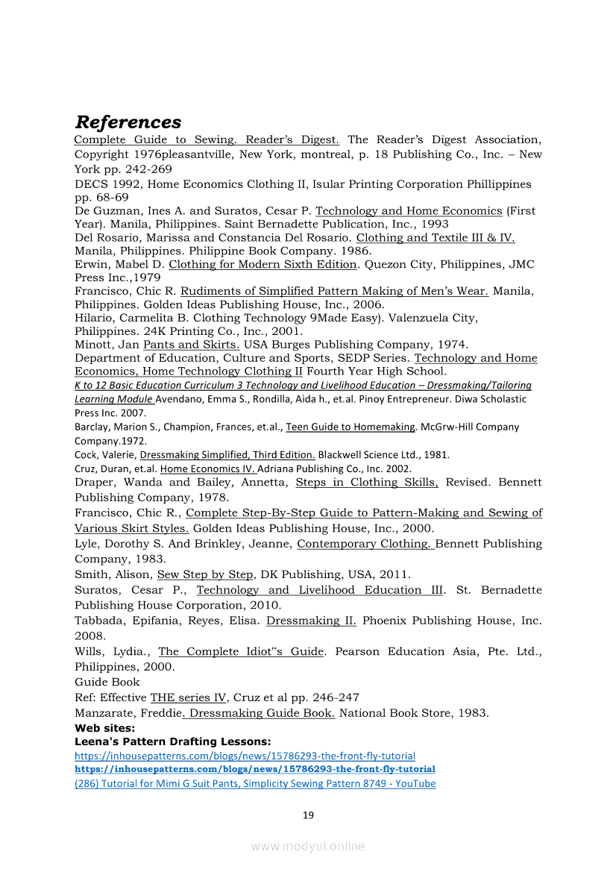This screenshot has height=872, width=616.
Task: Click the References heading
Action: pos(128,122)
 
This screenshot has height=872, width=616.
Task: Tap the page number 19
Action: pos(308,815)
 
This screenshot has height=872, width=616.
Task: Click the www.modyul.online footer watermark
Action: pos(308,846)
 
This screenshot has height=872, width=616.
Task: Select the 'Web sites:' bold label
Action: pos(104,727)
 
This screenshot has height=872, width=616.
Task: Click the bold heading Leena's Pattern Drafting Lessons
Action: pos(172,741)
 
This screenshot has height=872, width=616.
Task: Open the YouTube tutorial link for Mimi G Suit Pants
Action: pos(255,783)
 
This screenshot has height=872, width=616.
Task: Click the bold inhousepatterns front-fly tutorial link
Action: pos(255,768)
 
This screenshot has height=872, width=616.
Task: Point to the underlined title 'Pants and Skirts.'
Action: pos(192,345)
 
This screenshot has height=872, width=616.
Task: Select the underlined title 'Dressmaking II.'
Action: pos(311,621)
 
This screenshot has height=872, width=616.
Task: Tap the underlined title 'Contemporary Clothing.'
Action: pos(365,544)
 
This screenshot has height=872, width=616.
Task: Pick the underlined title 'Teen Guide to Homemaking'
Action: pos(351,427)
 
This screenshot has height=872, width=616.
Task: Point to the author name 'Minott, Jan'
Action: pos(107,345)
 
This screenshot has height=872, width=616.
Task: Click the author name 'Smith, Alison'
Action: pos(113,574)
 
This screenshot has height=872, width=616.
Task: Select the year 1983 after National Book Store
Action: pos(472,713)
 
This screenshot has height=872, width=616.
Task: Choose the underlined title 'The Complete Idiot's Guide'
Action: pos(241,651)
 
